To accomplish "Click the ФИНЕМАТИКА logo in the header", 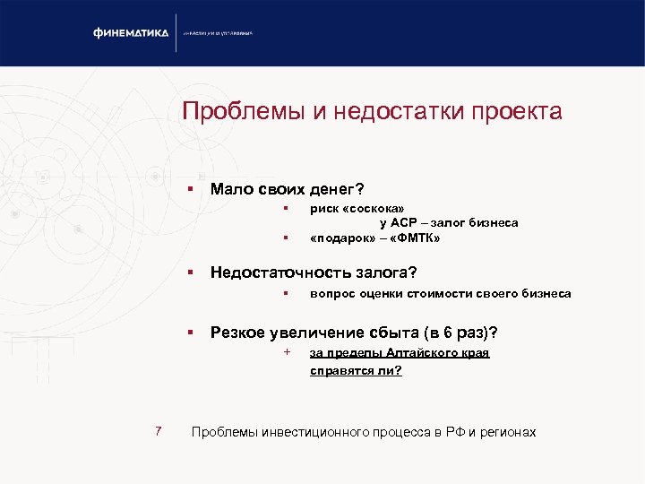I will [x=131, y=33].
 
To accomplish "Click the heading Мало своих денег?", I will [x=287, y=189].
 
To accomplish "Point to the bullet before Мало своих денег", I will [x=191, y=189].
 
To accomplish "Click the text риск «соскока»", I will [x=350, y=208].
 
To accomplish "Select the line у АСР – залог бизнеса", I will [x=449, y=222].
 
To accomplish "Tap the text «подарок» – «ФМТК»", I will [x=374, y=238].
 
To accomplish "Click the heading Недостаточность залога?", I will [x=314, y=272].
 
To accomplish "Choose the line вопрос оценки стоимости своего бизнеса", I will [x=440, y=293].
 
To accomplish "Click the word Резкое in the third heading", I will [x=237, y=333].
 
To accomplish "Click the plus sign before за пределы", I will [x=286, y=351].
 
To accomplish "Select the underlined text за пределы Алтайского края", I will [x=400, y=353].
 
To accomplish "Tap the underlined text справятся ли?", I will [x=356, y=370].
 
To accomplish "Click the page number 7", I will [x=158, y=432].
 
